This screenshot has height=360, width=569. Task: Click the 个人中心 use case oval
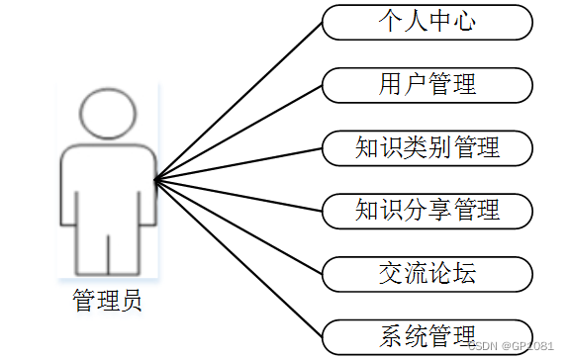coord(427,22)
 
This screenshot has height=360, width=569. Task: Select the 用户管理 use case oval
coord(427,84)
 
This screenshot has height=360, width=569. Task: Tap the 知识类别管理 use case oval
coord(427,147)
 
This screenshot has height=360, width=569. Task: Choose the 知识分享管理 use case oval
coord(427,209)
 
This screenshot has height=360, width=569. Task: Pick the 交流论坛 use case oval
coord(427,270)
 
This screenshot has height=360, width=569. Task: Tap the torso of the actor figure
coord(108,188)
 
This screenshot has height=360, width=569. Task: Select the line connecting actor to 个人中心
coord(239,100)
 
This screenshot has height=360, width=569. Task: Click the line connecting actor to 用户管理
coord(239,132)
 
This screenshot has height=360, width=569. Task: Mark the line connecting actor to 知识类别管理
coord(239,163)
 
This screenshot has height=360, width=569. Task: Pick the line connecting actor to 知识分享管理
coord(239,194)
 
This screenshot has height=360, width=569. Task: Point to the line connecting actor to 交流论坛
coord(239,225)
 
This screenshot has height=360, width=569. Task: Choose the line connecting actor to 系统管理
coord(239,256)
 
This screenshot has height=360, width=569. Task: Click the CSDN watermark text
coord(511,346)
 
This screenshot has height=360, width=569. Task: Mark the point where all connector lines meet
coord(156,179)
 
